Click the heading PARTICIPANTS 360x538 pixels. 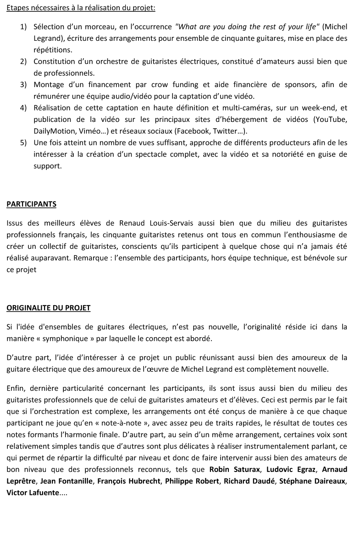click(31, 204)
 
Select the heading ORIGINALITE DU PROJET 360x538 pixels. click(49, 308)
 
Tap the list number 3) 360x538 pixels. click(23, 84)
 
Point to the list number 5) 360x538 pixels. click(23, 143)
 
